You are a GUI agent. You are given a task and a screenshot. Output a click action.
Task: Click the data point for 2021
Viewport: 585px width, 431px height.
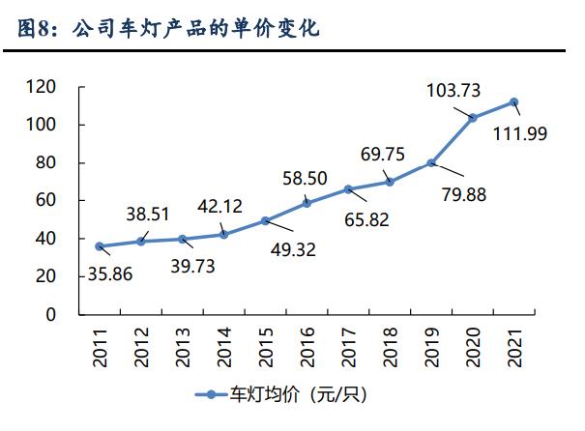pos(514,101)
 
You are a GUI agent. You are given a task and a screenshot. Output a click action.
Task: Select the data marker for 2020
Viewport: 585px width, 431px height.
pos(473,118)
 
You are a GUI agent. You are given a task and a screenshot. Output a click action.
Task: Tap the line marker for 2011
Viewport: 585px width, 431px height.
pos(99,246)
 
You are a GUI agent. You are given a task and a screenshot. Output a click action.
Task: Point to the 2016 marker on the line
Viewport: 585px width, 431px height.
pos(307,203)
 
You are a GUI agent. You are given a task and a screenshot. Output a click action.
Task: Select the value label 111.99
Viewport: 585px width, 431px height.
pos(520,133)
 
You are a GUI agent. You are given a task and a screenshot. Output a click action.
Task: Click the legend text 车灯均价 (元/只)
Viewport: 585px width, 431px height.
pos(297,394)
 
